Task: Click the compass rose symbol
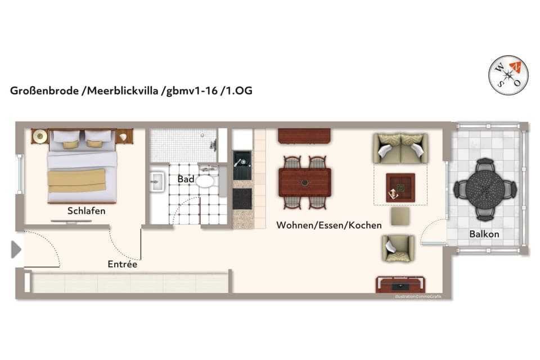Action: click(x=508, y=75)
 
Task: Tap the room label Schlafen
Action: click(x=87, y=211)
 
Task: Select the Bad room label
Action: click(x=186, y=179)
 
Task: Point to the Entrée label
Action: click(x=123, y=263)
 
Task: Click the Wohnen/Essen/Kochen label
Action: click(x=329, y=225)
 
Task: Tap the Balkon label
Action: click(x=484, y=233)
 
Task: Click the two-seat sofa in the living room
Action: click(x=400, y=148)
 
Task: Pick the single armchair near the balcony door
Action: click(x=398, y=248)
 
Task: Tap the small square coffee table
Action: click(x=400, y=187)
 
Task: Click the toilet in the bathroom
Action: click(x=205, y=180)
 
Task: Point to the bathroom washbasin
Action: click(x=157, y=182)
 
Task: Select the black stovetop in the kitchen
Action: click(x=242, y=198)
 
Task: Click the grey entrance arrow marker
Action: click(x=16, y=249)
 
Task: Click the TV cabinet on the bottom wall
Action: click(x=400, y=285)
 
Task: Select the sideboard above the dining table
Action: click(x=304, y=136)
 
